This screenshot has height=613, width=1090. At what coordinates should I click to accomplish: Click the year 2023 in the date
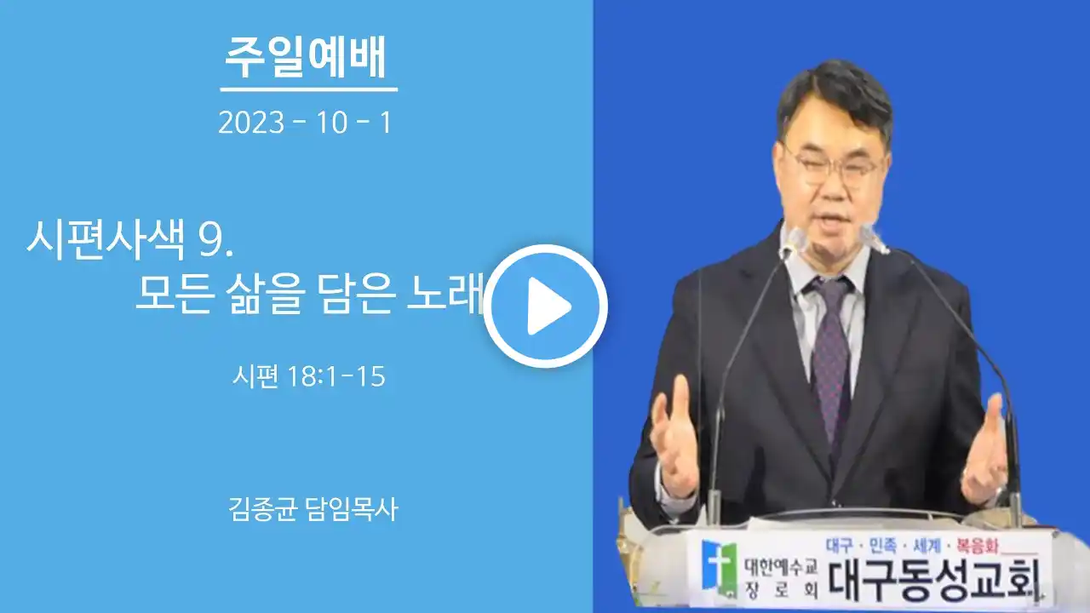tap(251, 122)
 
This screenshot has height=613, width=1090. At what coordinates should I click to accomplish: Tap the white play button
tap(545, 306)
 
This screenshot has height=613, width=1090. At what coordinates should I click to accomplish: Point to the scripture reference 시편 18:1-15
tap(309, 376)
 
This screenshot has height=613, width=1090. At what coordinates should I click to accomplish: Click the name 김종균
tap(263, 509)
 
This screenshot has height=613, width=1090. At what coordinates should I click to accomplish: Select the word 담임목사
tap(353, 509)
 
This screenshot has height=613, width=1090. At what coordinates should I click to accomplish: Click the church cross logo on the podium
tap(720, 570)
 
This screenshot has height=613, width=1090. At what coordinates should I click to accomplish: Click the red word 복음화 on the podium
tap(978, 546)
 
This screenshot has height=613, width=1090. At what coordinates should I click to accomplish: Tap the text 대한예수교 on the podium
tap(782, 567)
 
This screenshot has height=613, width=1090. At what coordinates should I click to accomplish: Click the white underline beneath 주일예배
tap(309, 89)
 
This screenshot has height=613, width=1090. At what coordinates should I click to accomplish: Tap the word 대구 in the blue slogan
tap(840, 546)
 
